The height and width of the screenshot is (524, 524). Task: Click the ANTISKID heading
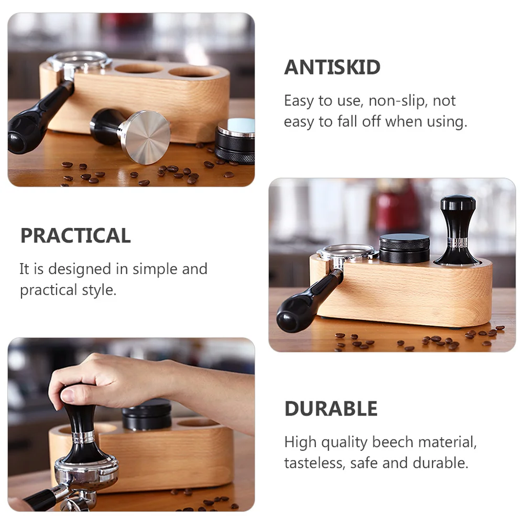(x=332, y=68)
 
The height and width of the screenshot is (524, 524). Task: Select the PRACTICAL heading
(x=75, y=236)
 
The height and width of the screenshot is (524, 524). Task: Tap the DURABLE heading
(x=331, y=409)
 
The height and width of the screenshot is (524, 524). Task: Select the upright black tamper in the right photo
(x=457, y=231)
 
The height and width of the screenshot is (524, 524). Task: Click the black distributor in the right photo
(x=404, y=248)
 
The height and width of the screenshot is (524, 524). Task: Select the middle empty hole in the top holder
(x=138, y=69)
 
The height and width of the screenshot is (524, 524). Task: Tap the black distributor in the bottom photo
(x=147, y=414)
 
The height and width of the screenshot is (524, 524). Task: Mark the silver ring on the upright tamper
(x=457, y=243)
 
